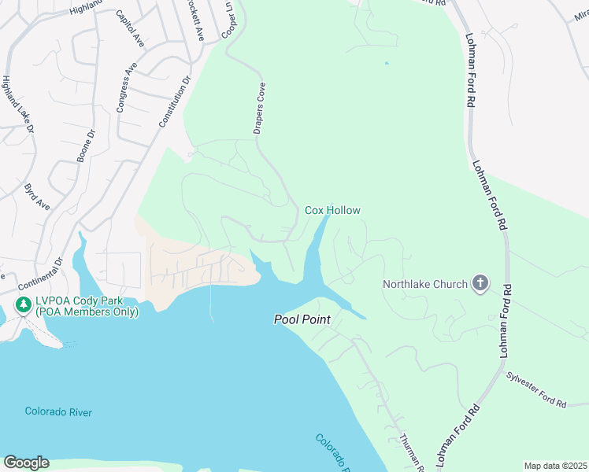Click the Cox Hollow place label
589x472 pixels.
(332, 210)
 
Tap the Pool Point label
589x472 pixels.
(302, 319)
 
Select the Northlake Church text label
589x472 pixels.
(425, 284)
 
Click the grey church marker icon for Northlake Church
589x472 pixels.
(480, 284)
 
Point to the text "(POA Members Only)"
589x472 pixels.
(87, 312)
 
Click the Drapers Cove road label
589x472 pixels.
(258, 108)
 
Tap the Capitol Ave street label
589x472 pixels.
(130, 29)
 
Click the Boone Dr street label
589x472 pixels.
(86, 146)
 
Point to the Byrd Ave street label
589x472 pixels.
(37, 197)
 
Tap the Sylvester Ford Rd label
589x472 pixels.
(536, 390)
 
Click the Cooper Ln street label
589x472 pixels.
(229, 23)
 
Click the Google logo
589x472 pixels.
(26, 463)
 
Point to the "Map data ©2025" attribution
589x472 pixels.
(555, 466)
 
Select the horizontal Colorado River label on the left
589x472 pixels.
(58, 411)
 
